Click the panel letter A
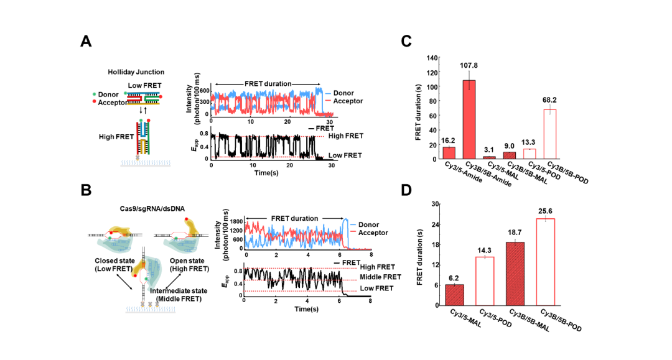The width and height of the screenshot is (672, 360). click(86, 42)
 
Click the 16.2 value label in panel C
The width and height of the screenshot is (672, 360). click(449, 141)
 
